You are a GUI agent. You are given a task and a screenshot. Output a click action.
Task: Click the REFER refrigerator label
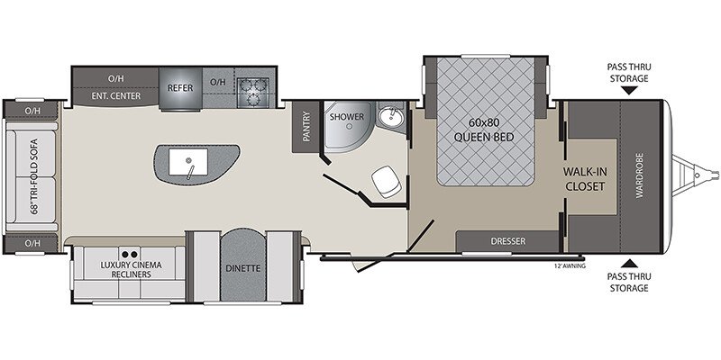pyautogui.click(x=180, y=87)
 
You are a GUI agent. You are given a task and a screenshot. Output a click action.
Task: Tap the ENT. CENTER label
pyautogui.click(x=116, y=96)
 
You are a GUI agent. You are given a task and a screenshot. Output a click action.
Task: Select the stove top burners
pyautogui.click(x=253, y=92)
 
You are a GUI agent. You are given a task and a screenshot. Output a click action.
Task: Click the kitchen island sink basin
pyautogui.click(x=188, y=162)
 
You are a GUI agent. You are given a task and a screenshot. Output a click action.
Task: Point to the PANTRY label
pyautogui.click(x=306, y=126)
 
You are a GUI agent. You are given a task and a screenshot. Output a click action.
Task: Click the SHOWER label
pyautogui.click(x=346, y=117)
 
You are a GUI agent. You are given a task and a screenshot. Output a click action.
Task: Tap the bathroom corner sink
pyautogui.click(x=390, y=117)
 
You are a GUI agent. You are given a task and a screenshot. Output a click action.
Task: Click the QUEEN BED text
pyautogui.click(x=483, y=137)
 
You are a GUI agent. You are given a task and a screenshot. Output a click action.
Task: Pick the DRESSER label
pyautogui.click(x=508, y=241)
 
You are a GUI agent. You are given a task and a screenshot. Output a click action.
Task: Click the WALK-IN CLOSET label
pyautogui.click(x=585, y=179)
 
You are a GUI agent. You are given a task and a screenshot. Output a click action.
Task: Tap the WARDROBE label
pyautogui.click(x=640, y=175)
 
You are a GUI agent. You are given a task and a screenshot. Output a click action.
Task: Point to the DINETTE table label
pyautogui.click(x=242, y=268)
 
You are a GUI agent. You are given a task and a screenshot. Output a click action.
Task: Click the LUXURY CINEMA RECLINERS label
pyautogui.click(x=131, y=269)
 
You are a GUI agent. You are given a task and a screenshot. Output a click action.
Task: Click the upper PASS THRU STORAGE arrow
pyautogui.click(x=628, y=91)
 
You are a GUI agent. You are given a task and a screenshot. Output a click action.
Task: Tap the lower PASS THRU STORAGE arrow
pyautogui.click(x=628, y=264)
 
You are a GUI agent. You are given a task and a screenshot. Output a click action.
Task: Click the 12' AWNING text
pyautogui.click(x=570, y=265)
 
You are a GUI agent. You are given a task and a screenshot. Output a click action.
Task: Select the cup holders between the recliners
pyautogui.click(x=130, y=254)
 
